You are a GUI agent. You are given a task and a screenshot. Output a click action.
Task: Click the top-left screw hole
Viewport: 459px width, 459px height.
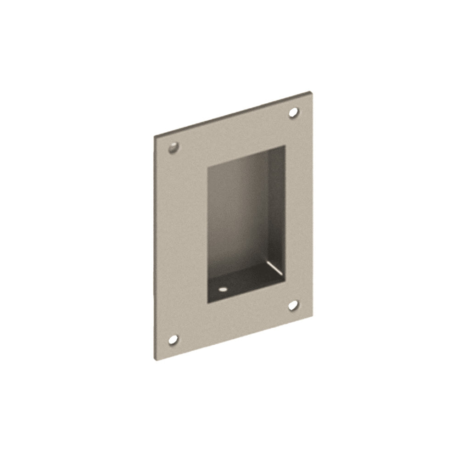pyautogui.click(x=173, y=148)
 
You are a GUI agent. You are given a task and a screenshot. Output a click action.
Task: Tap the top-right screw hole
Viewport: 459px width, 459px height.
pyautogui.click(x=293, y=112)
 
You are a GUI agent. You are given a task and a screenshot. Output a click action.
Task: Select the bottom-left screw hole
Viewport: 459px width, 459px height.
pyautogui.click(x=173, y=340)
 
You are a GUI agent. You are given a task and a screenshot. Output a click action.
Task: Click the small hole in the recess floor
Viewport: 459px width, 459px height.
pyautogui.click(x=223, y=290)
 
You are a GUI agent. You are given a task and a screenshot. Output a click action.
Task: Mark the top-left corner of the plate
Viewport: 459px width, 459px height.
pyautogui.click(x=154, y=136)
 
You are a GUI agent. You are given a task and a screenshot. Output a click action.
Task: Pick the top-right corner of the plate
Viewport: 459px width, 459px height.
pyautogui.click(x=313, y=93)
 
